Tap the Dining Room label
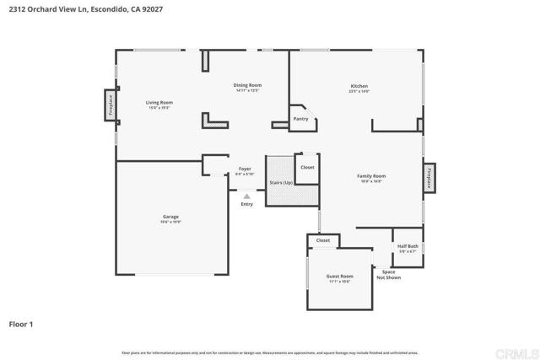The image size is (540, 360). click(247, 85)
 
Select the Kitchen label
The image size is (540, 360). click(359, 86)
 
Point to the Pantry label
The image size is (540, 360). click(300, 119)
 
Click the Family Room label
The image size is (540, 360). click(371, 175)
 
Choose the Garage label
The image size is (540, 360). click(170, 217)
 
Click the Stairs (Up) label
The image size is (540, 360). click(281, 182)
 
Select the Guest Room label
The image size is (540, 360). click(339, 277)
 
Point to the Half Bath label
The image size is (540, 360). click(408, 247)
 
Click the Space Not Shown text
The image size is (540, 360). click(388, 274)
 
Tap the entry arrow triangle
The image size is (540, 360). click(246, 196)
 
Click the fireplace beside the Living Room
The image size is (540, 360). click(111, 105)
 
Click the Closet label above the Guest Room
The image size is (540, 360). click(323, 240)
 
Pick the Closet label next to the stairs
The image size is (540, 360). click(307, 167)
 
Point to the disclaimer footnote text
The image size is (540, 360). click(269, 352)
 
